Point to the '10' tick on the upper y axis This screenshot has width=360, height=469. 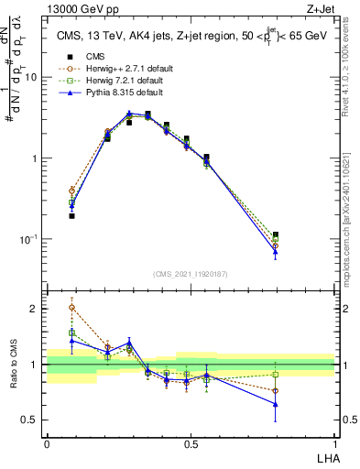32,78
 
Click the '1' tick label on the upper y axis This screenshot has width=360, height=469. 36,158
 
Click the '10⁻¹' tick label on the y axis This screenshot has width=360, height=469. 30,239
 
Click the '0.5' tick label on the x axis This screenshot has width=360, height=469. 191,443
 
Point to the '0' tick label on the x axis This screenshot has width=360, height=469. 47,443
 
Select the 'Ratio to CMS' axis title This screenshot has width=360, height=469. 14,366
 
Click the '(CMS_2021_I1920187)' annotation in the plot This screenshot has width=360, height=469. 191,274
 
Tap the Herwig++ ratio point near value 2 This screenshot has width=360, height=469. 72,307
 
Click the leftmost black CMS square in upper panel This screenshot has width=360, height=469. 71,216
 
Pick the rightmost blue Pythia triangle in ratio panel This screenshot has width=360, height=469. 275,404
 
